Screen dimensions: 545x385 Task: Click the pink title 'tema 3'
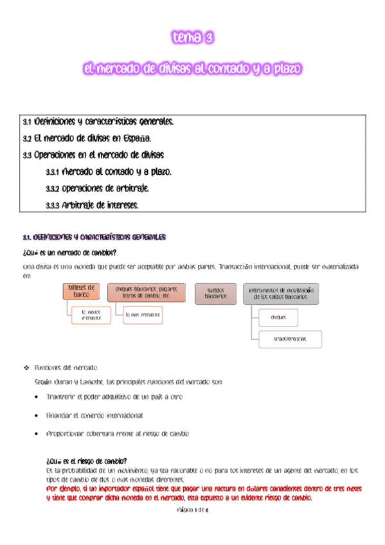click(x=192, y=39)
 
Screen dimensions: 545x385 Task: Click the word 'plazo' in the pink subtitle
click(x=283, y=67)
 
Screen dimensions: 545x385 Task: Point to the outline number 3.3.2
click(x=53, y=189)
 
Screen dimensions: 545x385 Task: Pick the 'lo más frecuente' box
click(x=143, y=315)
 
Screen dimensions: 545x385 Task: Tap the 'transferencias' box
click(x=289, y=339)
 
